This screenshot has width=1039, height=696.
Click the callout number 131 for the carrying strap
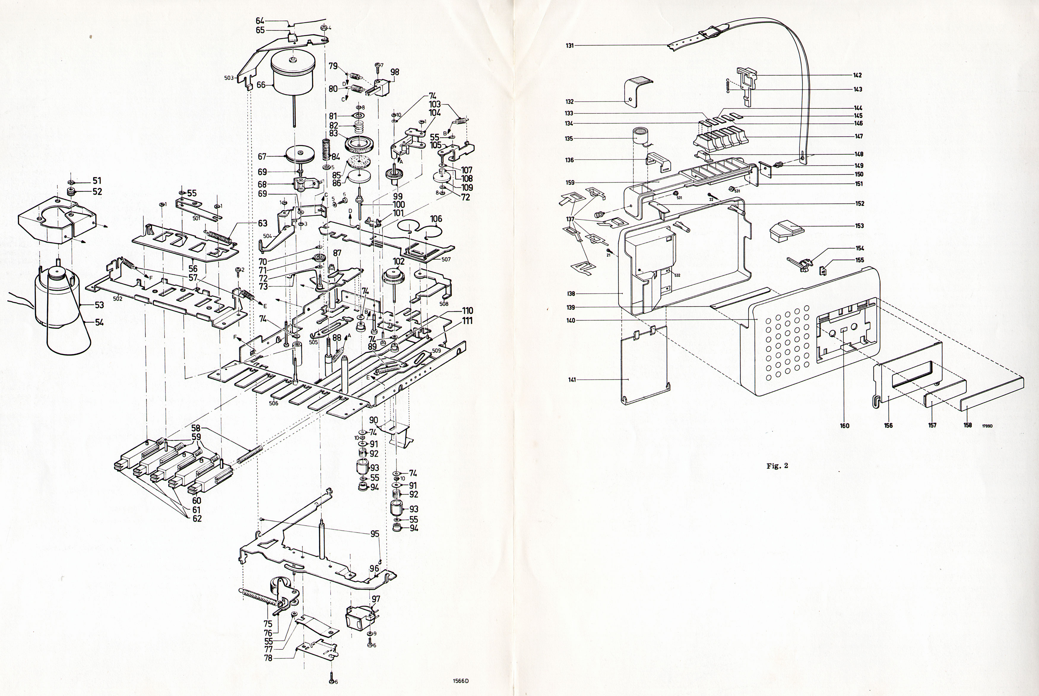(x=570, y=45)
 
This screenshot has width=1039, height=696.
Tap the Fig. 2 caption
(x=777, y=466)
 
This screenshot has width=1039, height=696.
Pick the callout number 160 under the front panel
(x=844, y=426)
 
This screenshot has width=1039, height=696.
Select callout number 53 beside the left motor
(x=99, y=305)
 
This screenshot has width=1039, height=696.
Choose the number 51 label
(x=97, y=181)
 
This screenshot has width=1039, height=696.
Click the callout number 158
(x=967, y=425)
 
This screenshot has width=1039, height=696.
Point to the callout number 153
(x=859, y=225)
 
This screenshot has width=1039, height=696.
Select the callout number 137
(x=570, y=219)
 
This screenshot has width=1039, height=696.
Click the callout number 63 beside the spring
(x=263, y=223)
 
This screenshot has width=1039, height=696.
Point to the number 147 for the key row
(x=859, y=136)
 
